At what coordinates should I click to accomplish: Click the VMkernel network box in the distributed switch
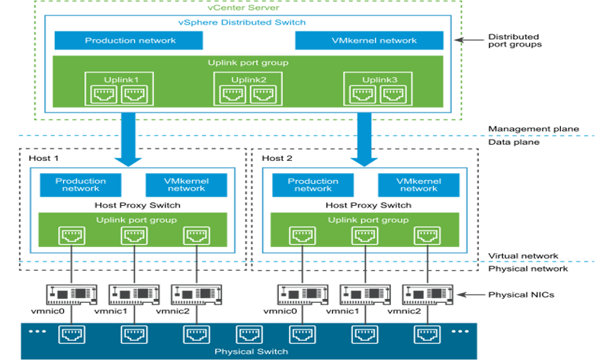(x=369, y=40)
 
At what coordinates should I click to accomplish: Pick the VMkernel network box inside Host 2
(x=418, y=185)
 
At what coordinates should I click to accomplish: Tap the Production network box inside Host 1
(x=80, y=185)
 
